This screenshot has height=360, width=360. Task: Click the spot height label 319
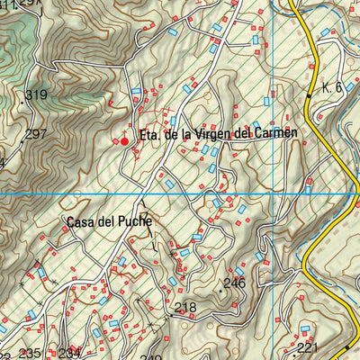(x=36, y=94)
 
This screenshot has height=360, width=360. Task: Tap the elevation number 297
(x=35, y=134)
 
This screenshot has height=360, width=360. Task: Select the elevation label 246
(x=234, y=283)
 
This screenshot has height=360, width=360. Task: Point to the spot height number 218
(x=185, y=308)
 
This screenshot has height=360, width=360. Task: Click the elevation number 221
(x=308, y=347)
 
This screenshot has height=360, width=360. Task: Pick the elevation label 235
(x=31, y=353)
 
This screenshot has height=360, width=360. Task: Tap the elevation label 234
(x=69, y=353)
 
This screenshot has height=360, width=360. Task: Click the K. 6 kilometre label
(x=332, y=87)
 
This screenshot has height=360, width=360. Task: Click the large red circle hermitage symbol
(x=124, y=139)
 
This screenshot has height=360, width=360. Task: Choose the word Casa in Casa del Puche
(x=82, y=220)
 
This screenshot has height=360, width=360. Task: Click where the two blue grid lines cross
(x=270, y=193)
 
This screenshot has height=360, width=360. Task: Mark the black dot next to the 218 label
(x=169, y=317)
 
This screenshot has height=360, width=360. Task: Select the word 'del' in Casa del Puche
(x=112, y=220)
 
